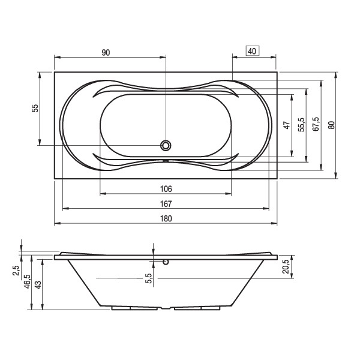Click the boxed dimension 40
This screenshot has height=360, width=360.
pos(253,51)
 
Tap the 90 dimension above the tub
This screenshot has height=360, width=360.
pos(106,53)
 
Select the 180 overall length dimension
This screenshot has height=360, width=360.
pos(166,218)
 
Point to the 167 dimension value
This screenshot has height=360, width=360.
pos(166,203)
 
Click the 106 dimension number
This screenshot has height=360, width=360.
pos(166,189)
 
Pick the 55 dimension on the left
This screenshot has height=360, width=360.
pos(35,108)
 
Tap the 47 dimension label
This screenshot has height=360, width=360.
pos(287,125)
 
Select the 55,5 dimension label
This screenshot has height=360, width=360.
pos(301,125)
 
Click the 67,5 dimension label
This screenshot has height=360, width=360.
pos(316,124)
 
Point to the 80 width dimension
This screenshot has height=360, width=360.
pos(331,125)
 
